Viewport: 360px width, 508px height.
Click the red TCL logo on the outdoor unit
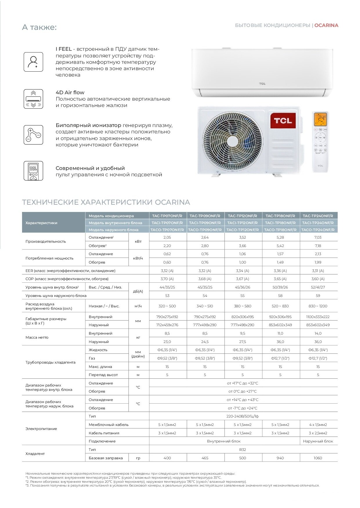[283, 121]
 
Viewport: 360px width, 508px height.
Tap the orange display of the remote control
[321, 119]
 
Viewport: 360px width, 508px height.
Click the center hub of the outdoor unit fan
[232, 141]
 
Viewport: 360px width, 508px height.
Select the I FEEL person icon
[33, 62]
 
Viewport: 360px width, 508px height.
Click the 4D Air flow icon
[33, 99]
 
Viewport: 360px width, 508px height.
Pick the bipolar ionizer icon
[33, 135]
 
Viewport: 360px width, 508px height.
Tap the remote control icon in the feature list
[33, 171]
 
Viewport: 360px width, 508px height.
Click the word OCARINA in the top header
[326, 25]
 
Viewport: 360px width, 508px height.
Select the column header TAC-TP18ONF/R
[280, 216]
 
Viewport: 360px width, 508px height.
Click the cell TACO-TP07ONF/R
[167, 230]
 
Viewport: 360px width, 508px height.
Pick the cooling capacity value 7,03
[318, 237]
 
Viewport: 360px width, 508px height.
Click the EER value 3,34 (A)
[243, 271]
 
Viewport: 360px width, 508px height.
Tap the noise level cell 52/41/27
[318, 287]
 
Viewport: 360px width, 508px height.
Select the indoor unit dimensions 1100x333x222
[318, 317]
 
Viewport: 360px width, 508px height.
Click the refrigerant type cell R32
[243, 449]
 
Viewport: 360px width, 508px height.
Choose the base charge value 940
[280, 458]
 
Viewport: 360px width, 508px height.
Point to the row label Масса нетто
[37, 337]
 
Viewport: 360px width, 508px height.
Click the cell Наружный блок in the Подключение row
[318, 441]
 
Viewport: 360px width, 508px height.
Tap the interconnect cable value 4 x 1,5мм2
[318, 424]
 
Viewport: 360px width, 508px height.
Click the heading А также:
[39, 27]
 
